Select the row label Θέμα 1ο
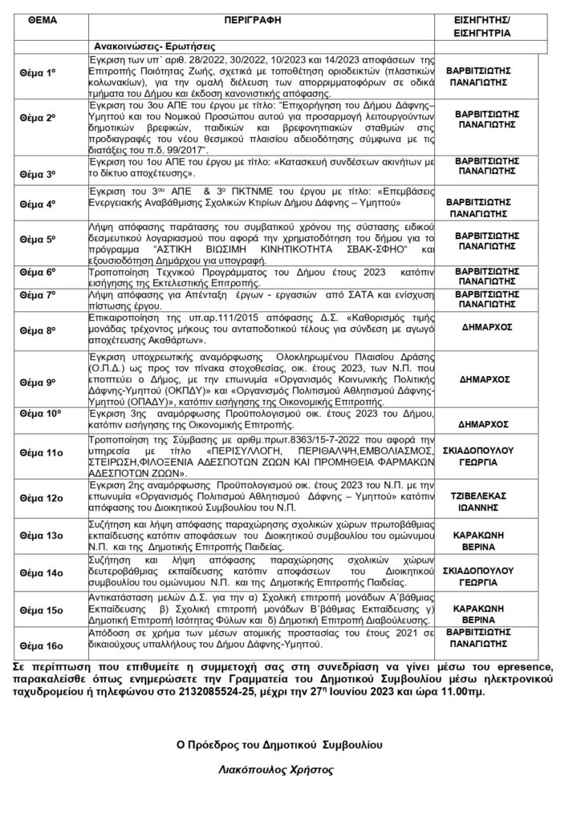[x=37, y=73]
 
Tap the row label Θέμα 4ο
[x=37, y=204]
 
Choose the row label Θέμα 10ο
[x=39, y=413]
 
